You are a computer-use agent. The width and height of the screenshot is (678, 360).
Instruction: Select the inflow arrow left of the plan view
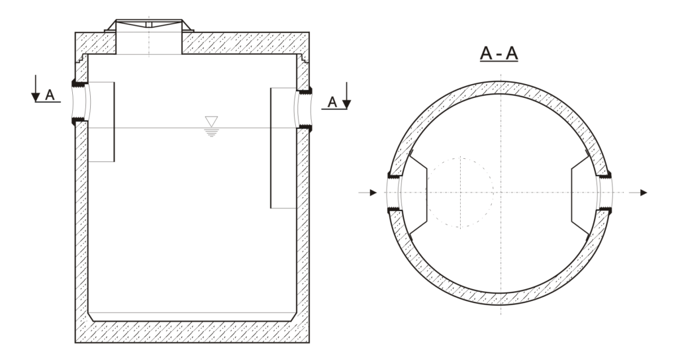[x=369, y=192]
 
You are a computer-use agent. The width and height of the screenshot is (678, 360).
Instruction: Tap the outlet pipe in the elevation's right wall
[x=304, y=107]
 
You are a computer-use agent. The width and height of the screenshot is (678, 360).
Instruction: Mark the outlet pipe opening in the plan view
[x=605, y=192]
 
